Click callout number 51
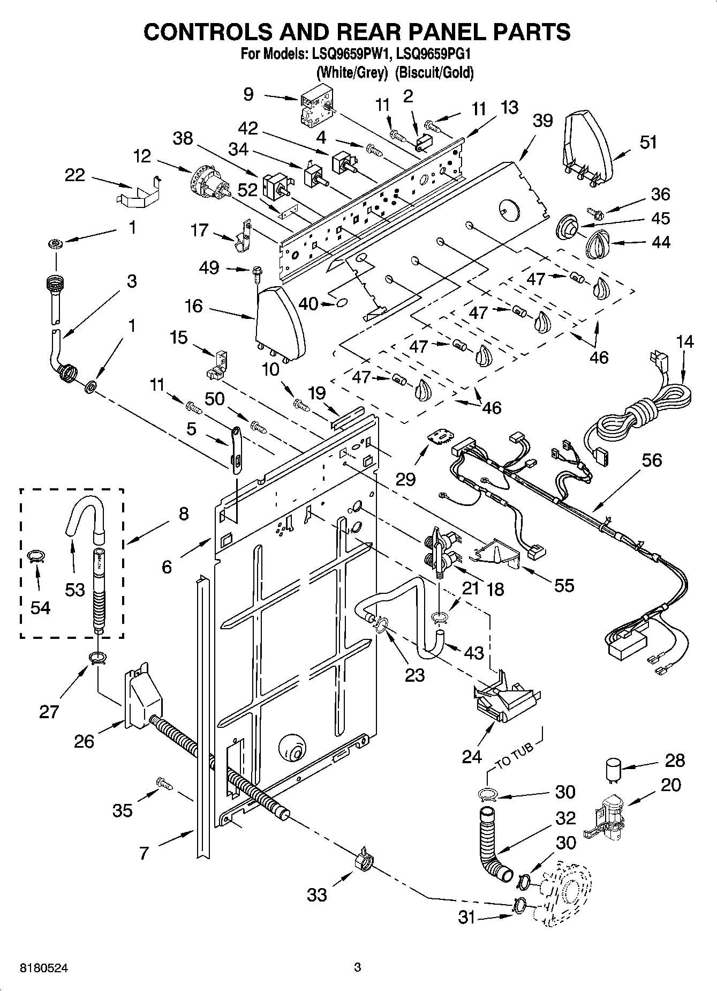click(648, 143)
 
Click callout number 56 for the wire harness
click(651, 460)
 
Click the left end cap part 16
click(280, 322)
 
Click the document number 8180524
click(44, 968)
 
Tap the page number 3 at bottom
click(358, 967)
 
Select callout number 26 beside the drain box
click(84, 741)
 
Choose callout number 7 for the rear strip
click(144, 853)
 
